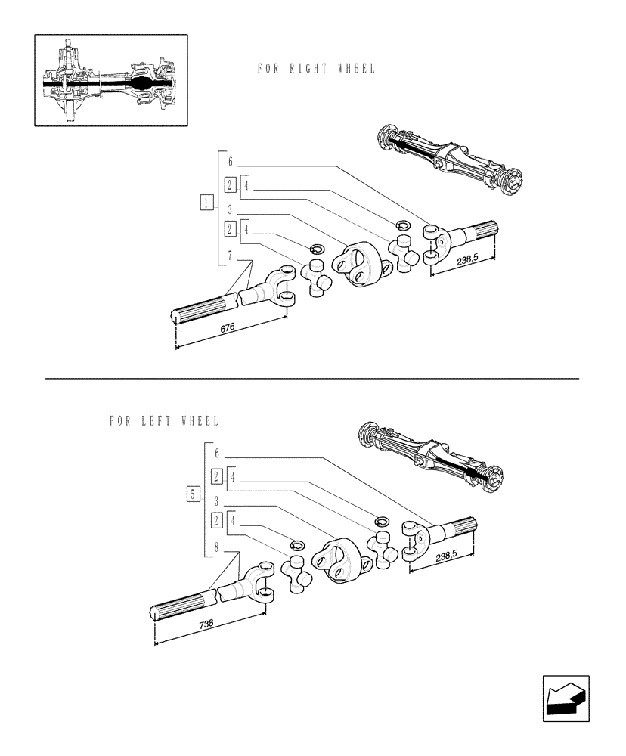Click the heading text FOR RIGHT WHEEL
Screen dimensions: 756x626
316,69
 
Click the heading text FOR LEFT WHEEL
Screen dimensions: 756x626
164,420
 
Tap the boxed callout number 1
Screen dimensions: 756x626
205,202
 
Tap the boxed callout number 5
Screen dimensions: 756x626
193,495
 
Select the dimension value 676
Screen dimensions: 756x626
228,327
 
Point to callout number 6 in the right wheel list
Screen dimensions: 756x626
231,161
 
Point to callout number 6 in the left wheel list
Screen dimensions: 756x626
217,454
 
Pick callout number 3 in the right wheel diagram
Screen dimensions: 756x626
231,210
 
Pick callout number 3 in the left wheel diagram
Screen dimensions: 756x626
217,501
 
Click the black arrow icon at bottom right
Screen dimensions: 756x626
565,699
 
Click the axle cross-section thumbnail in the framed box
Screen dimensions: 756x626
111,79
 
